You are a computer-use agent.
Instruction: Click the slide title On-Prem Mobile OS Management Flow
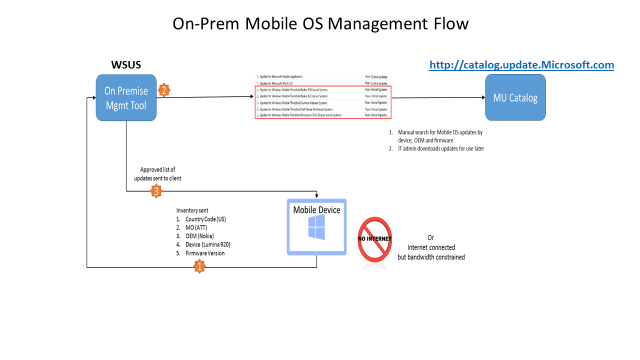coord(320,22)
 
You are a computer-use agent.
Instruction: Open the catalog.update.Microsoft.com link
coord(521,65)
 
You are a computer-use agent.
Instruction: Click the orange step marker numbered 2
coord(164,90)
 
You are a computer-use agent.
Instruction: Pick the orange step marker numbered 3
coord(155,190)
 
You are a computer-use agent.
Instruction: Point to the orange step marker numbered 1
coord(198,266)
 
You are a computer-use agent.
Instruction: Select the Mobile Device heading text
coord(318,210)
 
